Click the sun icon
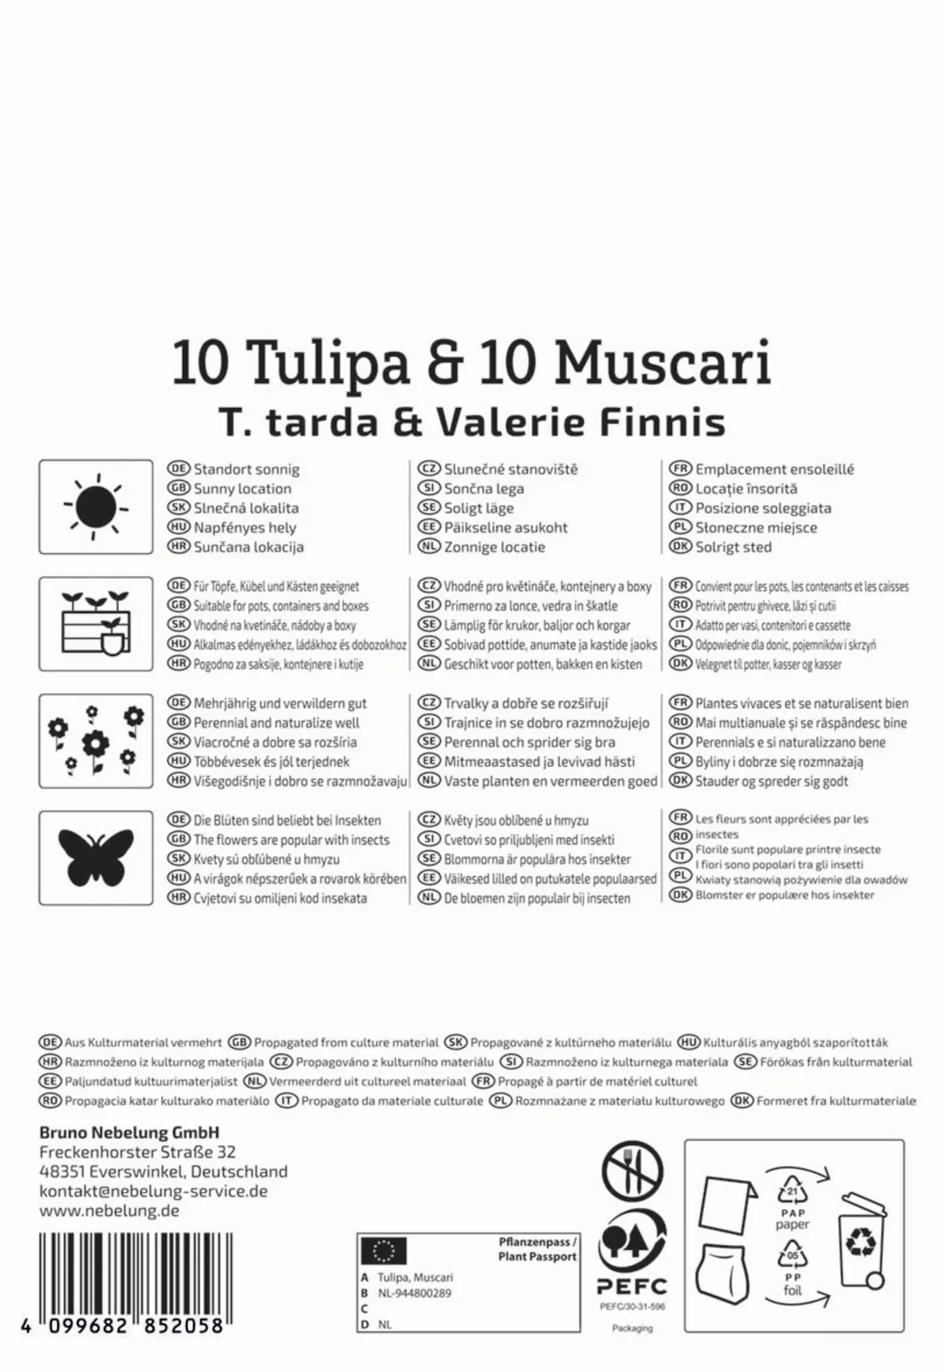(x=96, y=507)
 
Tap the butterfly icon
(x=96, y=857)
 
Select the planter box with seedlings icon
(x=96, y=624)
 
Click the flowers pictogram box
(x=96, y=740)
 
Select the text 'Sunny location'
(x=242, y=489)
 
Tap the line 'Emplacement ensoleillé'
(x=774, y=470)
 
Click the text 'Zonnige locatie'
(x=494, y=547)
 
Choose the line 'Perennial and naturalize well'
(x=276, y=723)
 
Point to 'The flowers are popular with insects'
(x=291, y=840)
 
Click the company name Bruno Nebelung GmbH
(x=130, y=1133)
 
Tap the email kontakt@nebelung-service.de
(x=154, y=1191)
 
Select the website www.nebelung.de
(x=109, y=1210)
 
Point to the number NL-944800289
(x=414, y=1293)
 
